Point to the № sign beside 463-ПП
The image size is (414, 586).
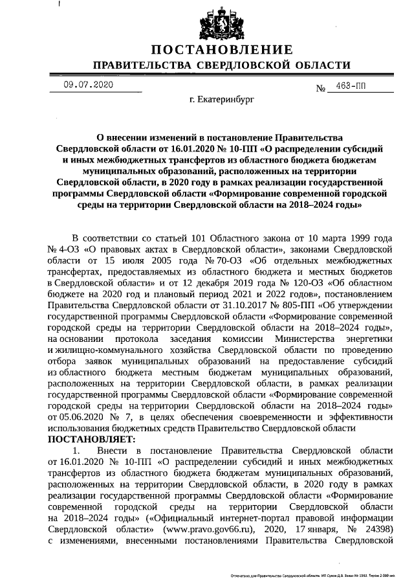click(x=320, y=89)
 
